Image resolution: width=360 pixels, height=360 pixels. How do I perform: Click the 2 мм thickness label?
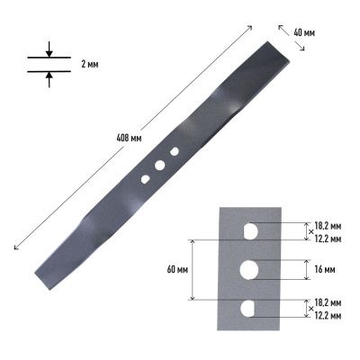click(x=91, y=67)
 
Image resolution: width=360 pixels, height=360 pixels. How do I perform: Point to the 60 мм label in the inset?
click(x=176, y=269)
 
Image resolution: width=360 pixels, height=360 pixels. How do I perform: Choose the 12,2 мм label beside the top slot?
click(x=328, y=239)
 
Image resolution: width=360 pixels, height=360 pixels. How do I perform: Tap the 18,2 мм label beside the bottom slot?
click(x=328, y=305)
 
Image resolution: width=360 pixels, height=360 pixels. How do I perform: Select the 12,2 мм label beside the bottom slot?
click(x=328, y=317)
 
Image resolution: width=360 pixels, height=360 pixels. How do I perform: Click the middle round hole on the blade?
click(x=159, y=166)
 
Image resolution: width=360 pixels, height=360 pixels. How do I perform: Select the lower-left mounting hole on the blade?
click(x=144, y=179)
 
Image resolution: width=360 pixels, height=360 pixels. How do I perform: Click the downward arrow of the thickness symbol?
click(x=49, y=51)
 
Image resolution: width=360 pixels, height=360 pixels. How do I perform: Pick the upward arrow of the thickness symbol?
click(x=49, y=78)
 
